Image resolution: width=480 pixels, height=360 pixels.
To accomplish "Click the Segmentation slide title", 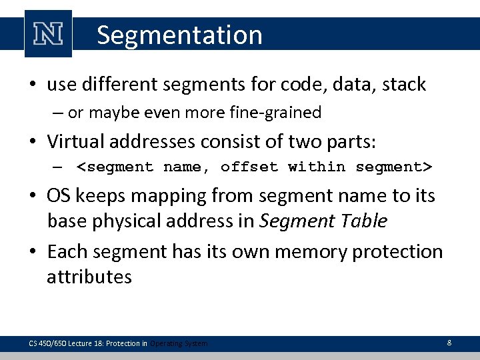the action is coord(179,35).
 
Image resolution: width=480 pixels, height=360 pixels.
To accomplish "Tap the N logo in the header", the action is coord(48,34).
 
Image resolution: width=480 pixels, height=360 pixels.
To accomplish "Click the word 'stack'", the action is coord(403,85).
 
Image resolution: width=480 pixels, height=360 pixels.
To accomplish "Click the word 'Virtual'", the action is coord(75,141).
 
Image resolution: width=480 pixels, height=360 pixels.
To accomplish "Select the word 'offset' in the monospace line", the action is coord(249,167).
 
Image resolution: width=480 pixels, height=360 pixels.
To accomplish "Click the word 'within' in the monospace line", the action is coord(317,167).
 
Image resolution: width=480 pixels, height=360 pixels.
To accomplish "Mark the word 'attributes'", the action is coord(89,277).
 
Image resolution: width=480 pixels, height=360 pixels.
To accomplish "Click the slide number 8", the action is coord(449,343).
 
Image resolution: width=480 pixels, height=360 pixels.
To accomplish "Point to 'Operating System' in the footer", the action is coord(179,343).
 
